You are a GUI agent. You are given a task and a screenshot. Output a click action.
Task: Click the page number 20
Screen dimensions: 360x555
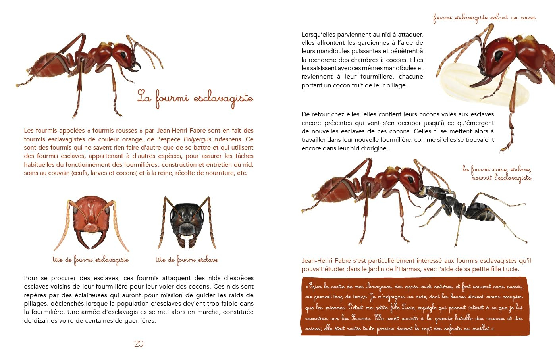pos(139,344)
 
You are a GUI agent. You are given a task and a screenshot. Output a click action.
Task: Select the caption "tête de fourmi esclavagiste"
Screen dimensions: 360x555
pos(91,260)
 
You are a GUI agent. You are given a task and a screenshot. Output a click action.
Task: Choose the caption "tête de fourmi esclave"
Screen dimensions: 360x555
pos(187,260)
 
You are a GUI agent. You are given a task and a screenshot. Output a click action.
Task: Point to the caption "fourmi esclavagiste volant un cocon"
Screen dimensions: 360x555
pos(484,17)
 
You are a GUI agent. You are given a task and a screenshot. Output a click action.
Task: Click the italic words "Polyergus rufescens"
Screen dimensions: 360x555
pos(212,139)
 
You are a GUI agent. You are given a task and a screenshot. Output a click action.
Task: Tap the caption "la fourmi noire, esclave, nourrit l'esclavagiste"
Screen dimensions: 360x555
pos(497,173)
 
